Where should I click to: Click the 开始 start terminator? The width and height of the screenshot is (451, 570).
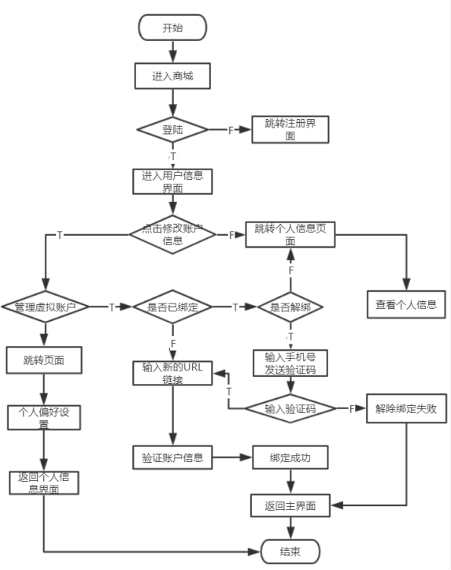coord(172,28)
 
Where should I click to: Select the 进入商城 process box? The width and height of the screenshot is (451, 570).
coord(172,76)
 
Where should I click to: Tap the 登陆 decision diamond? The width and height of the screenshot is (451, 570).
coord(172,129)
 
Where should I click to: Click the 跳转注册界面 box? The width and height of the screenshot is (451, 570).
coord(290,129)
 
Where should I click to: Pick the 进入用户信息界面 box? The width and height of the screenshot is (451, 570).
coord(172,181)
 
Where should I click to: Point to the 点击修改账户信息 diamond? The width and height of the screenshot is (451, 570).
coord(172,234)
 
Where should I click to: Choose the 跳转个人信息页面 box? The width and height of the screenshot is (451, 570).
coord(290,234)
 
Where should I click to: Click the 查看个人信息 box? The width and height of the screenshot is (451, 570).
coord(406,304)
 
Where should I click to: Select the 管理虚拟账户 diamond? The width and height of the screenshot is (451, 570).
coord(45,307)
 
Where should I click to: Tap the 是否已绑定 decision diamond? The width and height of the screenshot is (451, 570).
coord(172,307)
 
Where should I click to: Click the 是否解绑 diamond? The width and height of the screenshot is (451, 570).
coord(290,307)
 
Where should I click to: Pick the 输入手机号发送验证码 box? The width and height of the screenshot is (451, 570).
coord(290,363)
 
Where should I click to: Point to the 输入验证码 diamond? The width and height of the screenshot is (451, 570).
coord(290,408)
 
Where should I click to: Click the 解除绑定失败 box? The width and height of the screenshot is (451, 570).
coord(406,408)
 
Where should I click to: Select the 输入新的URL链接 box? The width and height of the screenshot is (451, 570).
coord(172,373)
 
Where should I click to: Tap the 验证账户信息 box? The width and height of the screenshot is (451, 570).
coord(172,457)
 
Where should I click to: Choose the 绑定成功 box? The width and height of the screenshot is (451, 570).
coord(290,457)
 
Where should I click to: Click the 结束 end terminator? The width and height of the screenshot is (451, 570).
coord(290,551)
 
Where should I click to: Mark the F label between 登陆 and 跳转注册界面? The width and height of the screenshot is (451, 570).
coord(231,130)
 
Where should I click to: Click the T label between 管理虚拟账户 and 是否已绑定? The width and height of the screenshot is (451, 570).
coord(112,307)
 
